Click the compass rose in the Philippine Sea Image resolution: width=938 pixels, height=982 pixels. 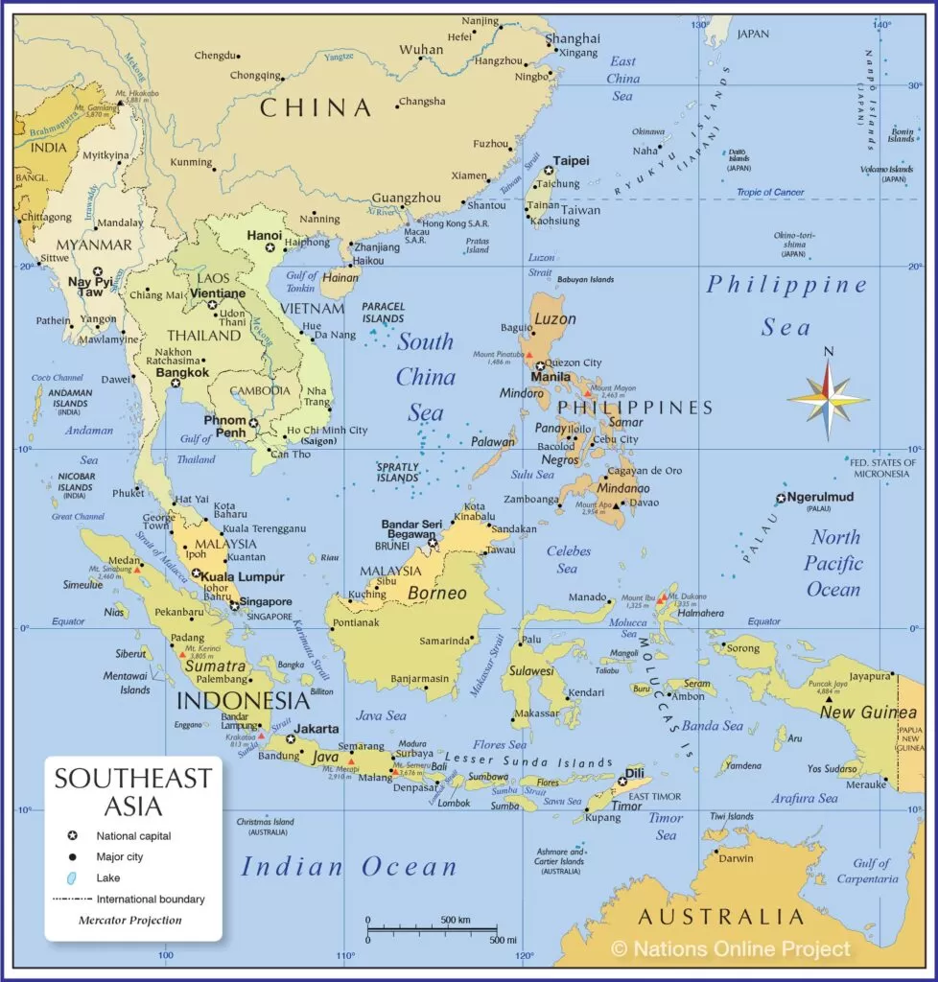pos(828,396)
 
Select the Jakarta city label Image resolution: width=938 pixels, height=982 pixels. pos(317,728)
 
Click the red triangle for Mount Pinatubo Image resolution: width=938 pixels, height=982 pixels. pos(528,356)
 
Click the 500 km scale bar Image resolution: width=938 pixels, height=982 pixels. pos(432,928)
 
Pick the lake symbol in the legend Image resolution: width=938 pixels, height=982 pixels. pos(73,878)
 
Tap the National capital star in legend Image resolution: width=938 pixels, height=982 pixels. pos(73,836)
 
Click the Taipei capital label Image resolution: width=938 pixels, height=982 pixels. pos(572,161)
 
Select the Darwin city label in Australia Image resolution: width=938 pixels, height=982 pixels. pos(736,858)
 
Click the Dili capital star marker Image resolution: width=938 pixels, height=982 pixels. pos(621,782)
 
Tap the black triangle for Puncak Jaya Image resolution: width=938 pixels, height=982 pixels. pos(829,699)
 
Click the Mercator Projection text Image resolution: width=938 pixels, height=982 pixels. pos(129,921)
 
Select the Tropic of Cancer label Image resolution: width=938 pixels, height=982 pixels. pos(770,193)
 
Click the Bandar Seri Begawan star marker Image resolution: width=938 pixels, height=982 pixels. pos(433,543)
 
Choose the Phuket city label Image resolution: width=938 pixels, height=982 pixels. pos(128,493)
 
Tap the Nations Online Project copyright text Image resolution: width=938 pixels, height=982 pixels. pos(731,949)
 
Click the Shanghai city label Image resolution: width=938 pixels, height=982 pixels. pos(573,39)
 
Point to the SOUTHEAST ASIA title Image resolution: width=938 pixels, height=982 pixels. pos(133,792)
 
